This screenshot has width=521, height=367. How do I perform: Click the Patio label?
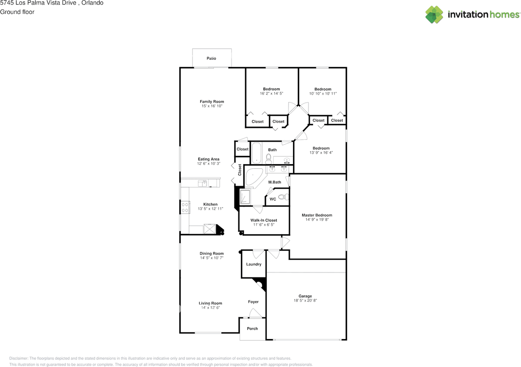[x=211, y=59]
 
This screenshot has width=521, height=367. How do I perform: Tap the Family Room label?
[x=212, y=102]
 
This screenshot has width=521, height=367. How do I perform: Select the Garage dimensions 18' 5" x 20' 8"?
[x=305, y=301]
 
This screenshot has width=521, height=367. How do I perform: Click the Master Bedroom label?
[x=317, y=215]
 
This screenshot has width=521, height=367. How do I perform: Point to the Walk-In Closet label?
[x=263, y=220]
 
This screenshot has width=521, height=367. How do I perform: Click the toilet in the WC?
[x=286, y=198]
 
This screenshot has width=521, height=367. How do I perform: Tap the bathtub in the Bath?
[x=256, y=153]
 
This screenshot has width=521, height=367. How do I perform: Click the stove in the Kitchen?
[x=185, y=208]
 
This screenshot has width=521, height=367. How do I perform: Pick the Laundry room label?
[x=254, y=264]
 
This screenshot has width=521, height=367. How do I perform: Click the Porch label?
[x=252, y=328]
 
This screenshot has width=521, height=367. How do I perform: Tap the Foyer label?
[x=253, y=302]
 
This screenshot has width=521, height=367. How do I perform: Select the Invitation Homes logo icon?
[x=434, y=15]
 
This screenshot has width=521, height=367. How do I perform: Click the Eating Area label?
[x=208, y=159]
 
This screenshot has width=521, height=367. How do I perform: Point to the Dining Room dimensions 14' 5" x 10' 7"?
[x=212, y=258]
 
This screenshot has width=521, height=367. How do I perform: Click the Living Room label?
[x=210, y=303]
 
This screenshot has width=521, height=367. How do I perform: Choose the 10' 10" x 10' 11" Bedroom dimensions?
[x=322, y=93]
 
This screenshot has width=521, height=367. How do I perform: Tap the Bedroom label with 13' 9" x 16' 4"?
[x=321, y=148]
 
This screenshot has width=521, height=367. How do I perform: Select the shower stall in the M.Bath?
[x=245, y=197]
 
